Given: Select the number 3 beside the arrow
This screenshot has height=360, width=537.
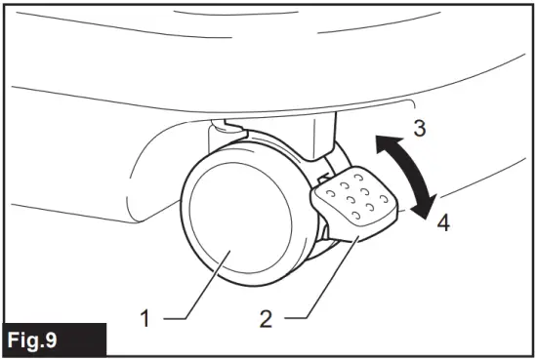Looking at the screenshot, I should coord(418,128).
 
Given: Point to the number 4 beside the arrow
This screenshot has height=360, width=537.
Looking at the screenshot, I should coord(442,221).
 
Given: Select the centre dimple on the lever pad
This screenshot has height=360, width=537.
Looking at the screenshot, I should coord(357,195).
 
